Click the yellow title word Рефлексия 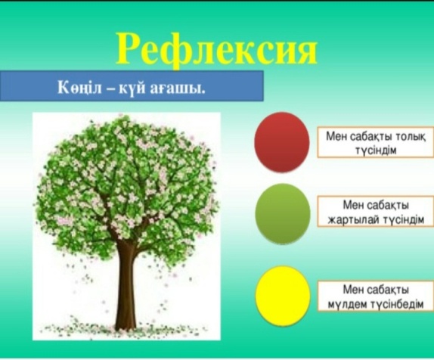click(x=216, y=50)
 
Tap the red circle click(x=282, y=141)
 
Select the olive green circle click(x=282, y=214)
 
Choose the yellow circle click(x=282, y=296)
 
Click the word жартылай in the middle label click(x=353, y=220)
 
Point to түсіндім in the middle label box click(x=403, y=219)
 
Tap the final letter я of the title click(x=305, y=52)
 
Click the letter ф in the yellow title click(x=163, y=51)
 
